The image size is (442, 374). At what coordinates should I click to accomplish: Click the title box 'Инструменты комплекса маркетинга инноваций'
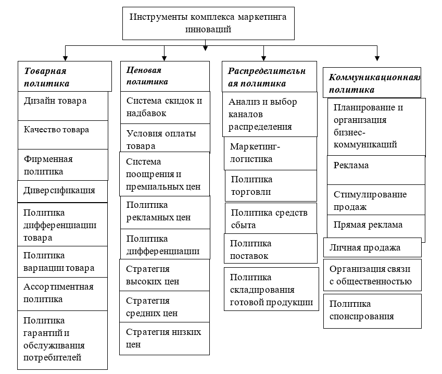point(208,23)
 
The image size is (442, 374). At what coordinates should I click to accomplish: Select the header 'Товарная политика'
point(65,76)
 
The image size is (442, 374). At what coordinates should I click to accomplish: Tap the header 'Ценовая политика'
point(165,76)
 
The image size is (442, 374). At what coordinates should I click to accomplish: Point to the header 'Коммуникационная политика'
point(372,83)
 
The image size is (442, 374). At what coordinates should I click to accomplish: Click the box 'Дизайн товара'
point(63,106)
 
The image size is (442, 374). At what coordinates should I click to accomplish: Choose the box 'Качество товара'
point(63,135)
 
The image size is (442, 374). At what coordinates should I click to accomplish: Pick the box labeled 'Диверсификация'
point(62,191)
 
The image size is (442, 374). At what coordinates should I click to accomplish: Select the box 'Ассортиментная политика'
point(62,294)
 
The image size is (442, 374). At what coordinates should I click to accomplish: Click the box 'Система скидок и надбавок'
point(165,107)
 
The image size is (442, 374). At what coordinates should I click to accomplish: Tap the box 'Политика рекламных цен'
point(165,213)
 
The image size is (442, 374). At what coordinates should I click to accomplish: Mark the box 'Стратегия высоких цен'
point(165,275)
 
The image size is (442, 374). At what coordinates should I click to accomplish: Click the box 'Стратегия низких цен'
point(165,339)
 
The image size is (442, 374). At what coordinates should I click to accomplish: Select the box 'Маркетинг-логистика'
point(270,154)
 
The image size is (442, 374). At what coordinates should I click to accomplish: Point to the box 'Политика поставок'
point(271,248)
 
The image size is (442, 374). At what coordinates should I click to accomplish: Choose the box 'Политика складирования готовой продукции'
point(271,289)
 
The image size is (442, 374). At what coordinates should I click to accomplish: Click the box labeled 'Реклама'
point(376,170)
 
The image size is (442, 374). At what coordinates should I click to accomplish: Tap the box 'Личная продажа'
point(372,247)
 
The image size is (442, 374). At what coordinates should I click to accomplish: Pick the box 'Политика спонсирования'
point(372,311)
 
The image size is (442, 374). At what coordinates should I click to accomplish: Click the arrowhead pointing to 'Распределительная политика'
point(263,58)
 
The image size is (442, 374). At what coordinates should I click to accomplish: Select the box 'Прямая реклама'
point(376,226)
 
